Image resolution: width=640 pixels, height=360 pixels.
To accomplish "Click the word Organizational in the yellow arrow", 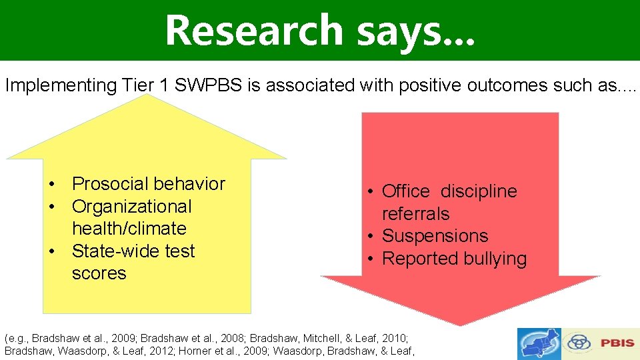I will [131, 207].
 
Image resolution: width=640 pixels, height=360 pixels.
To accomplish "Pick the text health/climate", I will [129, 229].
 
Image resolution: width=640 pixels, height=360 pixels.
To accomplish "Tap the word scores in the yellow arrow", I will [99, 273].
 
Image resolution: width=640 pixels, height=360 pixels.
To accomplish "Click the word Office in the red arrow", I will [405, 191].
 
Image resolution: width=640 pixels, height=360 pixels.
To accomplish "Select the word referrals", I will [415, 214].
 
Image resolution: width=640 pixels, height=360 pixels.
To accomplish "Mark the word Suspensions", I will [435, 236].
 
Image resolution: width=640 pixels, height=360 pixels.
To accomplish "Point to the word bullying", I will [493, 259].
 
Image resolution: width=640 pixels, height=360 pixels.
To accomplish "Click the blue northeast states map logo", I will [539, 344].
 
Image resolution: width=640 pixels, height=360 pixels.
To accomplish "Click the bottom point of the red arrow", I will [460, 325].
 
